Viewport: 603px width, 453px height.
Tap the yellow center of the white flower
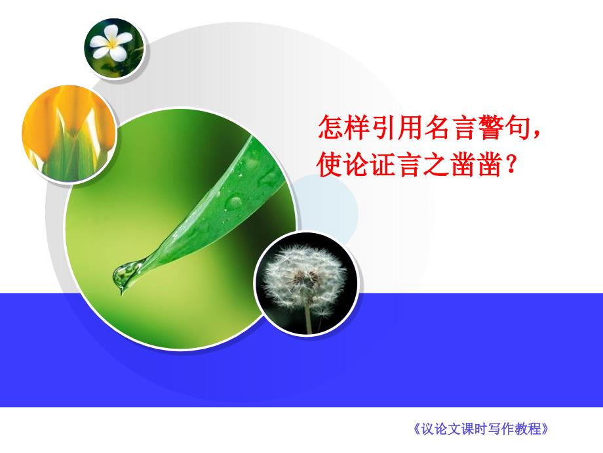112,44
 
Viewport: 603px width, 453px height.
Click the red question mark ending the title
511,165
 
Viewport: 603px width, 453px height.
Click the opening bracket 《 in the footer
416,429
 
